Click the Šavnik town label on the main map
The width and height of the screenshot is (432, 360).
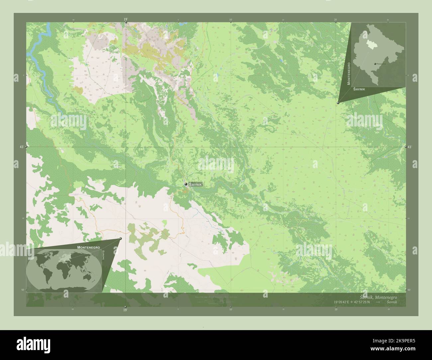coord(195,184)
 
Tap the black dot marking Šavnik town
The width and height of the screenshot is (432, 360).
coord(186,184)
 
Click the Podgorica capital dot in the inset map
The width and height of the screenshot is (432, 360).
coord(375,63)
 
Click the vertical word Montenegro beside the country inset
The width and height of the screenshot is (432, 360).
coord(349,73)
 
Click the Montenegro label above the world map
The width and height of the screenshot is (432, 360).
coord(88,247)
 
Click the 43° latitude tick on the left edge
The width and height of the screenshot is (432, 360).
coord(22,146)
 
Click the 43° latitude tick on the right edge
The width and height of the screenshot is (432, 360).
coord(410,146)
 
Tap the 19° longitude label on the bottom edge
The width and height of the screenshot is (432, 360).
coord(125,310)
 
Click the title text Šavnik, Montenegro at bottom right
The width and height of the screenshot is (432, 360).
coord(378,297)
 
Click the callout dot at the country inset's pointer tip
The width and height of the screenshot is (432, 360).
coord(338,103)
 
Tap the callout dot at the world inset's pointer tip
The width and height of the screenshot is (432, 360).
coord(121,238)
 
